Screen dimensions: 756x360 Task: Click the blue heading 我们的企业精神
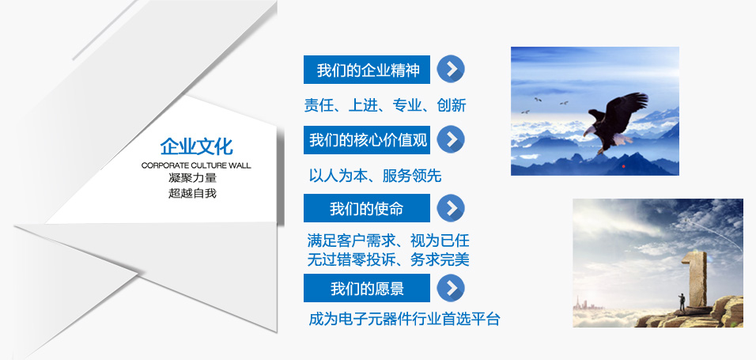pos(366,70)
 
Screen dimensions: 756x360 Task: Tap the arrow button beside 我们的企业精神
pos(451,69)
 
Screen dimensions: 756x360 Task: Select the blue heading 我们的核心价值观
pos(366,140)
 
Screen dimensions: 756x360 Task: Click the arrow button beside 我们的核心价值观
pos(451,139)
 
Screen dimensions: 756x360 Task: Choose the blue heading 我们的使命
pos(366,208)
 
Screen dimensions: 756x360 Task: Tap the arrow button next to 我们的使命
pos(451,208)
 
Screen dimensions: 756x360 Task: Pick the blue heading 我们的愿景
pos(366,288)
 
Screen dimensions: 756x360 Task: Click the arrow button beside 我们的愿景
pos(451,288)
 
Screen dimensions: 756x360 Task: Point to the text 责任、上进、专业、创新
pos(385,104)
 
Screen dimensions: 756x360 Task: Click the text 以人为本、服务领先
pos(375,176)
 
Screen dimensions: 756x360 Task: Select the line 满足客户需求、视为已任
pos(388,241)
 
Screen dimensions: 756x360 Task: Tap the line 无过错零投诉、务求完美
pos(388,260)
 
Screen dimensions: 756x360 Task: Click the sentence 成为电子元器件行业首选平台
pos(404,319)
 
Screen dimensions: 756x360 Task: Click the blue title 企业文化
pos(196,146)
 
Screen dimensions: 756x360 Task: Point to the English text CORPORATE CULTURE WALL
pos(196,165)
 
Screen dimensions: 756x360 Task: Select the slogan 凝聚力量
pos(193,178)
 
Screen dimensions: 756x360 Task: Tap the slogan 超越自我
pos(193,194)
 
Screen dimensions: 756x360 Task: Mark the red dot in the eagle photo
pos(623,166)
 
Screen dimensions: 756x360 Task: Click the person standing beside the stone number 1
pos(682,302)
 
